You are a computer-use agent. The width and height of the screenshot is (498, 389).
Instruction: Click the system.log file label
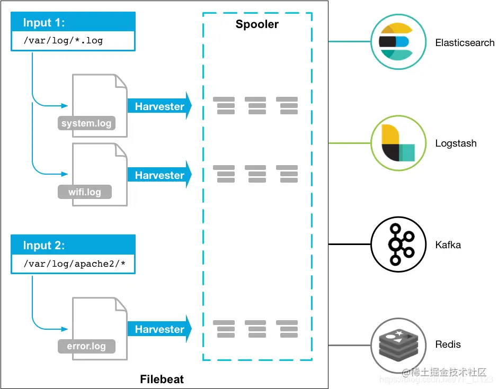(86, 124)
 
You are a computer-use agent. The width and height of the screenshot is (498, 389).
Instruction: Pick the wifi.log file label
(85, 192)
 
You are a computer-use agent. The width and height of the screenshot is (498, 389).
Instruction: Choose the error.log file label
(86, 347)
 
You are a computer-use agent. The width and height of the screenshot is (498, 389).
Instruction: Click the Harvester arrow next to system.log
(159, 106)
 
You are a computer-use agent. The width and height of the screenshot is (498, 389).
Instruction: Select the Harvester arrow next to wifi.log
(159, 175)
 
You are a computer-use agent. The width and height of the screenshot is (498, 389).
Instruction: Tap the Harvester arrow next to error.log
(159, 329)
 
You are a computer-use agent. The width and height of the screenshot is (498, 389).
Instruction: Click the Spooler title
(257, 24)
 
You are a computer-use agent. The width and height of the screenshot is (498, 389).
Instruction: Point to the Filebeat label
(162, 379)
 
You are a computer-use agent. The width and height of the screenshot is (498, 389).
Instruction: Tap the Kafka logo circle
(396, 244)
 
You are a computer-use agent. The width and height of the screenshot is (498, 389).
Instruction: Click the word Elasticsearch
(465, 42)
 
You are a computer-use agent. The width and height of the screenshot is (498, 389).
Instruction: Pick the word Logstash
(456, 143)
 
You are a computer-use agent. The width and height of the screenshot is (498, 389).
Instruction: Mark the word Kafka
(448, 245)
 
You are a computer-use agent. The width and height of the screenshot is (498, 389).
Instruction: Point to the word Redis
(448, 345)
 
